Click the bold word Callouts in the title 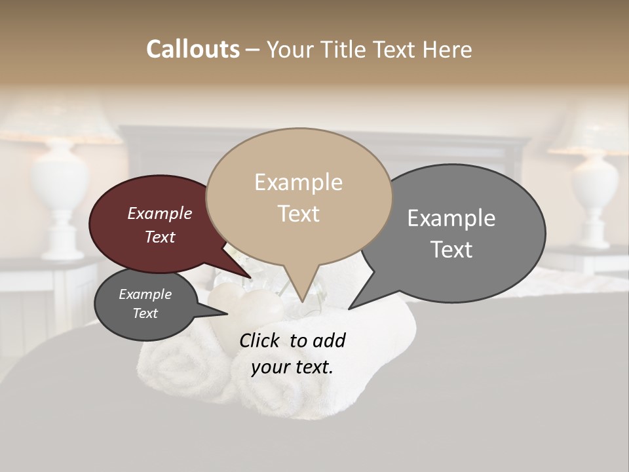tap(193, 49)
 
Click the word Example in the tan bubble tap(298, 182)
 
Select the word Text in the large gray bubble tap(451, 250)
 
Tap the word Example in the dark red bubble tap(159, 213)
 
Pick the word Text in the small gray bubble tap(145, 313)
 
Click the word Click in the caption tap(261, 340)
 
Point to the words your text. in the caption tap(292, 367)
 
